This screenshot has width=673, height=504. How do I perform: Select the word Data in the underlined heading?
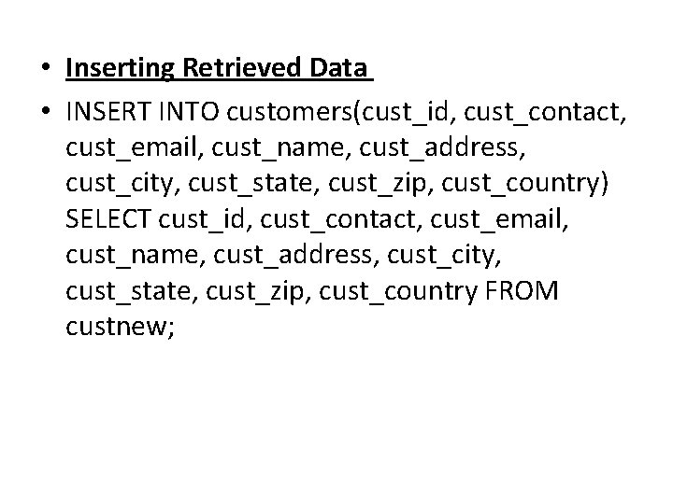coord(338,69)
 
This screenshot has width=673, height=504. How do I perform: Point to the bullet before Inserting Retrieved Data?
coord(44,70)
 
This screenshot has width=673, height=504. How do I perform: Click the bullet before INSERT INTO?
coord(44,113)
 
